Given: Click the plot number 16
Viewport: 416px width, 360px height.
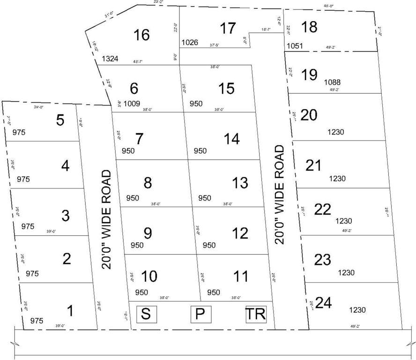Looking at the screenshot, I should (141, 35).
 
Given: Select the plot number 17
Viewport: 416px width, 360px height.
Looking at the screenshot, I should (228, 28).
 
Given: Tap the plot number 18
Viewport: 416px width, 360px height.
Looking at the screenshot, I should (309, 27).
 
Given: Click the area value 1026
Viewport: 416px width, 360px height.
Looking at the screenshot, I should (190, 43).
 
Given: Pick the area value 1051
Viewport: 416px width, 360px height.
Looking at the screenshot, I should (295, 46).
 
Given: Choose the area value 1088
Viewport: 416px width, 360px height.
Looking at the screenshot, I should (333, 82).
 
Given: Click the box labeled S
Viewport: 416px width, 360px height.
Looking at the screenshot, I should (146, 314).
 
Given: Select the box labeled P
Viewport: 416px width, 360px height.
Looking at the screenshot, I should (201, 314).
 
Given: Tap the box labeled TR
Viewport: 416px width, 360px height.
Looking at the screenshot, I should (256, 314).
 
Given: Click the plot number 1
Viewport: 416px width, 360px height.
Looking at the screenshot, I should (70, 311).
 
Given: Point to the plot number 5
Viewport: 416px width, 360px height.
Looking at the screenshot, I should (60, 120).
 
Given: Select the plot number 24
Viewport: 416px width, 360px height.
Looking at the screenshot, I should (323, 303).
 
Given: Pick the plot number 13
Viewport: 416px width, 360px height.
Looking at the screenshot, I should (240, 183).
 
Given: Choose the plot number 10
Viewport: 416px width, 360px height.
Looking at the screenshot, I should (149, 277).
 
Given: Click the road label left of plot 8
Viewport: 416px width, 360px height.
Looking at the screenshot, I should (107, 219).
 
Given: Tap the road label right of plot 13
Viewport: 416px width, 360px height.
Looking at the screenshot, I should (280, 195).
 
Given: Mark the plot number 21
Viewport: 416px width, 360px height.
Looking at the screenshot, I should (313, 165).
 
